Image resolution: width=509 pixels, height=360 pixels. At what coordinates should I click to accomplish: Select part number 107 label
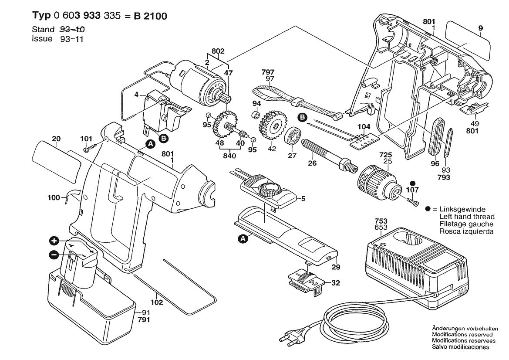point(412,190)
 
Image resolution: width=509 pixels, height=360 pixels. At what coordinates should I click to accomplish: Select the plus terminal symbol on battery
point(54,241)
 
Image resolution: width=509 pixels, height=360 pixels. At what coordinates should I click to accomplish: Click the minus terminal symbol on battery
point(54,255)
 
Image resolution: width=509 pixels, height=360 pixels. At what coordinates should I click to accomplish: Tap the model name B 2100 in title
point(150,16)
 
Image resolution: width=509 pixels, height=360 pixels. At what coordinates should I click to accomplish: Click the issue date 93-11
point(72,39)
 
